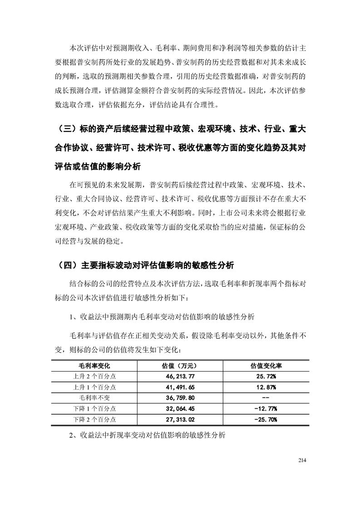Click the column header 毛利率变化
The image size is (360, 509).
(94, 365)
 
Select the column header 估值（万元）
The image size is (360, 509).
(179, 365)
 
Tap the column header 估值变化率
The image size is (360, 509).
(266, 365)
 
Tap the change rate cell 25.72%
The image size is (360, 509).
(266, 376)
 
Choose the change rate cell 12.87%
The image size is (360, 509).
(266, 387)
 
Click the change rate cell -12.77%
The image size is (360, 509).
(266, 409)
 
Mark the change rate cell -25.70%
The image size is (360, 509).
(266, 420)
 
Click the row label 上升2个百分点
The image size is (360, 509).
(94, 376)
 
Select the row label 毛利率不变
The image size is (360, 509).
(94, 398)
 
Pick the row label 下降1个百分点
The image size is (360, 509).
(94, 409)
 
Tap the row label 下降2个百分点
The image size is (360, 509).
(94, 420)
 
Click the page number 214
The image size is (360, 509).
(303, 461)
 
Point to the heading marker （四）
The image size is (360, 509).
(65, 264)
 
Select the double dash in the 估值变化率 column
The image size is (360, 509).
(266, 398)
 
